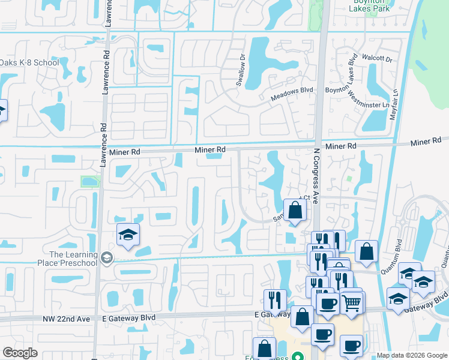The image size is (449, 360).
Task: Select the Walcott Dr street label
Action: point(377,59)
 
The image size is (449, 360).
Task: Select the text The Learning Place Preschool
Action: point(73,259)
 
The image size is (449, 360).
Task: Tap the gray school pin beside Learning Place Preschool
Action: point(107,258)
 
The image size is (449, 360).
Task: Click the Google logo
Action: point(20,353)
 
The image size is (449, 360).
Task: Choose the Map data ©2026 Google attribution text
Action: point(411,355)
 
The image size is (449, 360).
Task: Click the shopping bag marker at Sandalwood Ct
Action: point(295,211)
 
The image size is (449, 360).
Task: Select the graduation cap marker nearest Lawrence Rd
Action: point(128,235)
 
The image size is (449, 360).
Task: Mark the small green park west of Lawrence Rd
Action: point(89,181)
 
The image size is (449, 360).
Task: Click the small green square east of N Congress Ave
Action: point(349,179)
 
